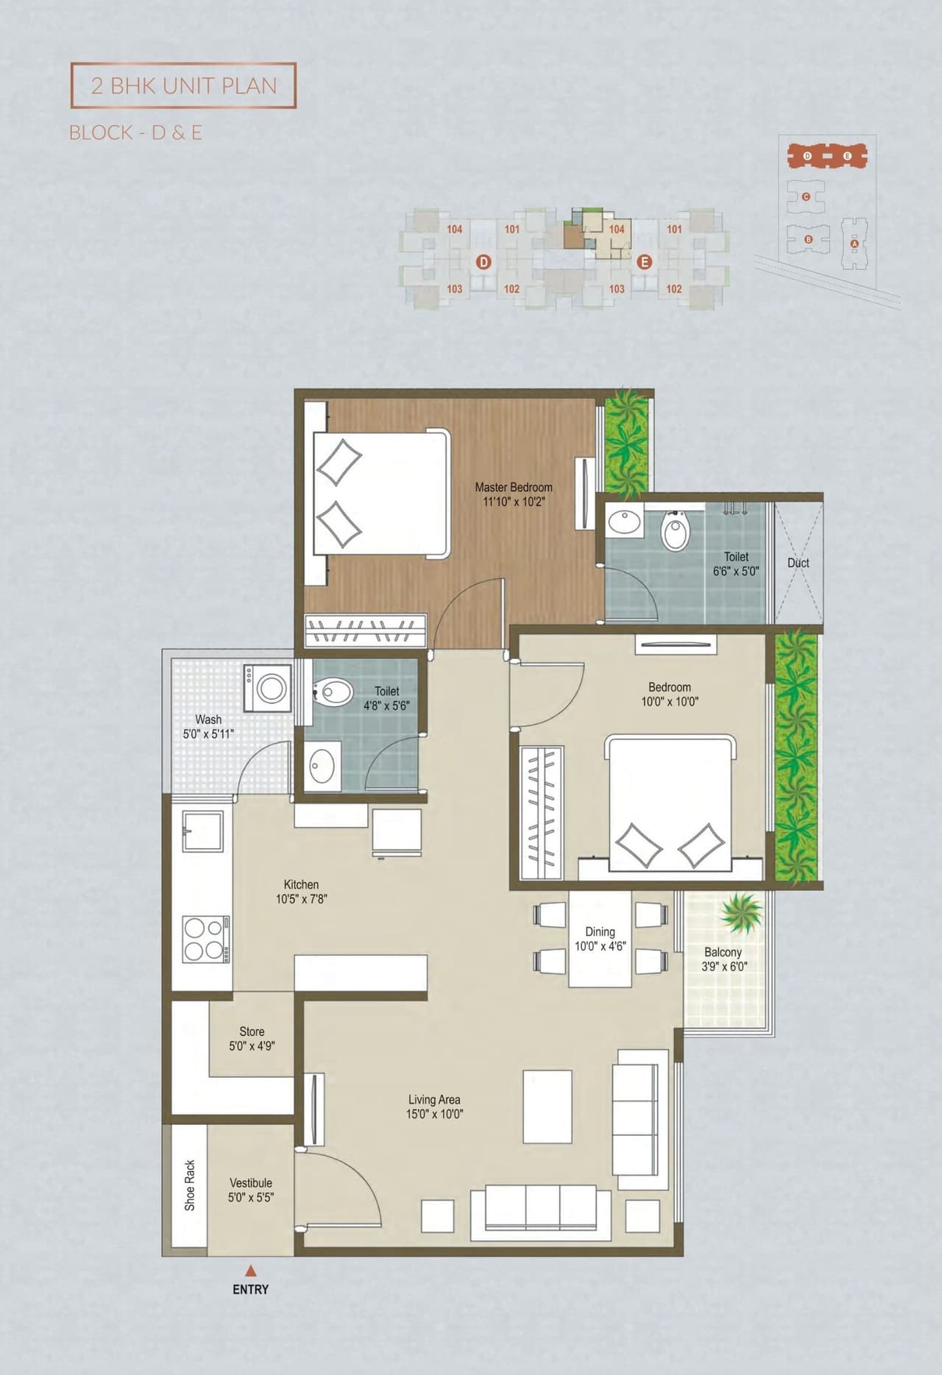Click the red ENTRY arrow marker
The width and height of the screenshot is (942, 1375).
tap(251, 1271)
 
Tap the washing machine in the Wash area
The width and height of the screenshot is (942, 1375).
tap(268, 689)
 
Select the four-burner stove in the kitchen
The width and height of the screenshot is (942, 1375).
tap(205, 939)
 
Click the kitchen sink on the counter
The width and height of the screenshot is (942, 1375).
tap(202, 831)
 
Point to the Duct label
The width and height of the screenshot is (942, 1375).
tap(798, 563)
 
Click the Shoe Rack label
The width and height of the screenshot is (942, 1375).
tap(190, 1185)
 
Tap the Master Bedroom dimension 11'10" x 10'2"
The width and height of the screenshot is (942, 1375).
tap(514, 502)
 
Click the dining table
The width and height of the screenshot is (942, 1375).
tap(600, 938)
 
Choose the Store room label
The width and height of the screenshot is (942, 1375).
tap(252, 1031)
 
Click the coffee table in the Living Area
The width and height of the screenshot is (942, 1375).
tap(548, 1106)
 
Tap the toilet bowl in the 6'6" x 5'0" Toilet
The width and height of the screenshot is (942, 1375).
tap(675, 531)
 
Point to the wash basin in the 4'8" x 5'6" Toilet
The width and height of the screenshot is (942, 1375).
tap(322, 767)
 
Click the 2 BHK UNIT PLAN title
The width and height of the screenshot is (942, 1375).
tap(184, 85)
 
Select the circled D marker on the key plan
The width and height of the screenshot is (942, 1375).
tap(484, 262)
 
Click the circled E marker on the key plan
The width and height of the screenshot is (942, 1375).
tap(644, 262)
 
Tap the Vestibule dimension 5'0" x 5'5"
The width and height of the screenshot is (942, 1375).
tap(251, 1197)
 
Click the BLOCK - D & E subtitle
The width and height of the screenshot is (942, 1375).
tap(135, 132)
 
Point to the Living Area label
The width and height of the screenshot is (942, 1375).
tap(434, 1099)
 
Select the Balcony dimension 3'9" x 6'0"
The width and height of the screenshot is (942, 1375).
tap(724, 967)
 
